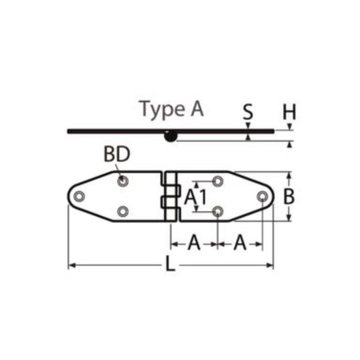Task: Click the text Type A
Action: point(171,109)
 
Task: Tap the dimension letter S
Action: point(248,112)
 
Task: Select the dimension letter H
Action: point(289,112)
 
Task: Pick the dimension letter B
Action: point(289,196)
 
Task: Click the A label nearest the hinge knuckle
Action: point(194,243)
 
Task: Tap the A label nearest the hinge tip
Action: point(240,243)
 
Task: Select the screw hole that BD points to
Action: point(123,181)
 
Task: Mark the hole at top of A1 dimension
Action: point(218,181)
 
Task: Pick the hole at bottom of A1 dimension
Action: point(218,211)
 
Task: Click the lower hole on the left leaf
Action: point(123,211)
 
